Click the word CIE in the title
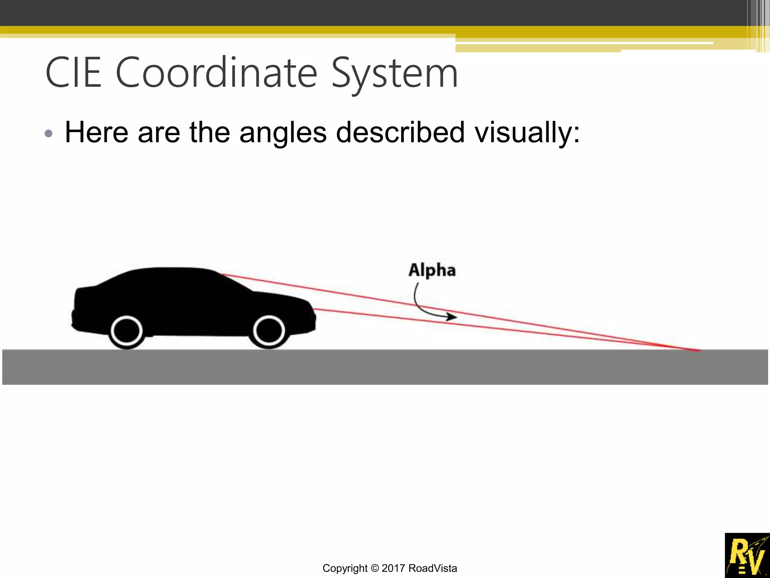pyautogui.click(x=73, y=72)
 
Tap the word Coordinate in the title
pyautogui.click(x=217, y=72)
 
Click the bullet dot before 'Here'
pyautogui.click(x=49, y=134)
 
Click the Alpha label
pyautogui.click(x=432, y=270)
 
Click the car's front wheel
pyautogui.click(x=269, y=331)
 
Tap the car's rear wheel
pyautogui.click(x=127, y=331)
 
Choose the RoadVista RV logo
pyautogui.click(x=747, y=555)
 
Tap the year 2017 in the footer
pyautogui.click(x=393, y=568)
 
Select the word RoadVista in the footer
pyautogui.click(x=433, y=568)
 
